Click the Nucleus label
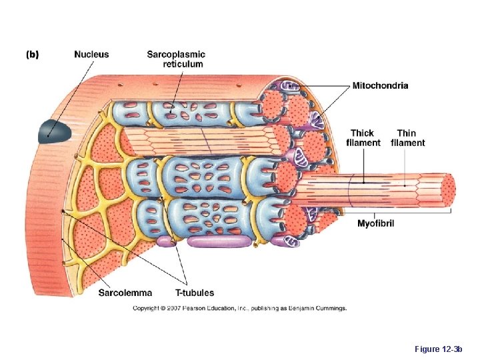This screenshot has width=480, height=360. coord(91,55)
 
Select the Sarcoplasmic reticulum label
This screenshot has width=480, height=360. coord(176,59)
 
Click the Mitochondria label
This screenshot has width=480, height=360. coord(380,85)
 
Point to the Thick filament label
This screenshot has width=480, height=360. coord(363,138)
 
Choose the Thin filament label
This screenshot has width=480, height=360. coord(407,138)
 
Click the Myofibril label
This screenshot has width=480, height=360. coord(375,223)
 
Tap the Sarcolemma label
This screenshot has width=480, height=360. coord(125,292)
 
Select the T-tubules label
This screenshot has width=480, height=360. coord(195,292)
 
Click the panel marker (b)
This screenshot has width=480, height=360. coord(32,55)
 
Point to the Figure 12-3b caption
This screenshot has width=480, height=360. coord(438,349)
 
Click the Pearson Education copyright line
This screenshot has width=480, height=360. coord(239,308)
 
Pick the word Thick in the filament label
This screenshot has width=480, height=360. coord(363,133)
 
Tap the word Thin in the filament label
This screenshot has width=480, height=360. coord(407,133)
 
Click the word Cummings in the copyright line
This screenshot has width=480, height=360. coord(332,308)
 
